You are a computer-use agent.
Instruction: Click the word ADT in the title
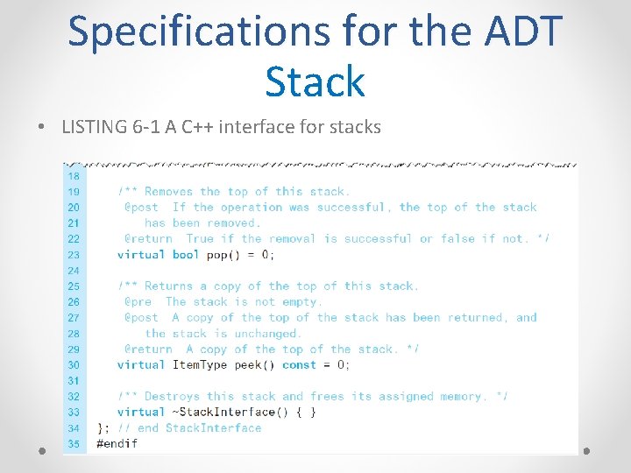514,31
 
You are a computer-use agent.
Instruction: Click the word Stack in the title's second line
315,81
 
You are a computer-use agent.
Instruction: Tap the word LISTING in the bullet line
95,127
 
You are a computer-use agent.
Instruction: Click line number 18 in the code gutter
73,175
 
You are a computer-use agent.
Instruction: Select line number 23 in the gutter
73,254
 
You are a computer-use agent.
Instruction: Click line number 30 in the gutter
73,364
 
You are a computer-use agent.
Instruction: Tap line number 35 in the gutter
73,443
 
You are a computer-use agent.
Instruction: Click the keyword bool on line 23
186,255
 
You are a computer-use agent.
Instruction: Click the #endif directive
117,443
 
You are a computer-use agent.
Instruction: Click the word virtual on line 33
141,413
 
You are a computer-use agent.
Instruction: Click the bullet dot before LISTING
42,128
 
